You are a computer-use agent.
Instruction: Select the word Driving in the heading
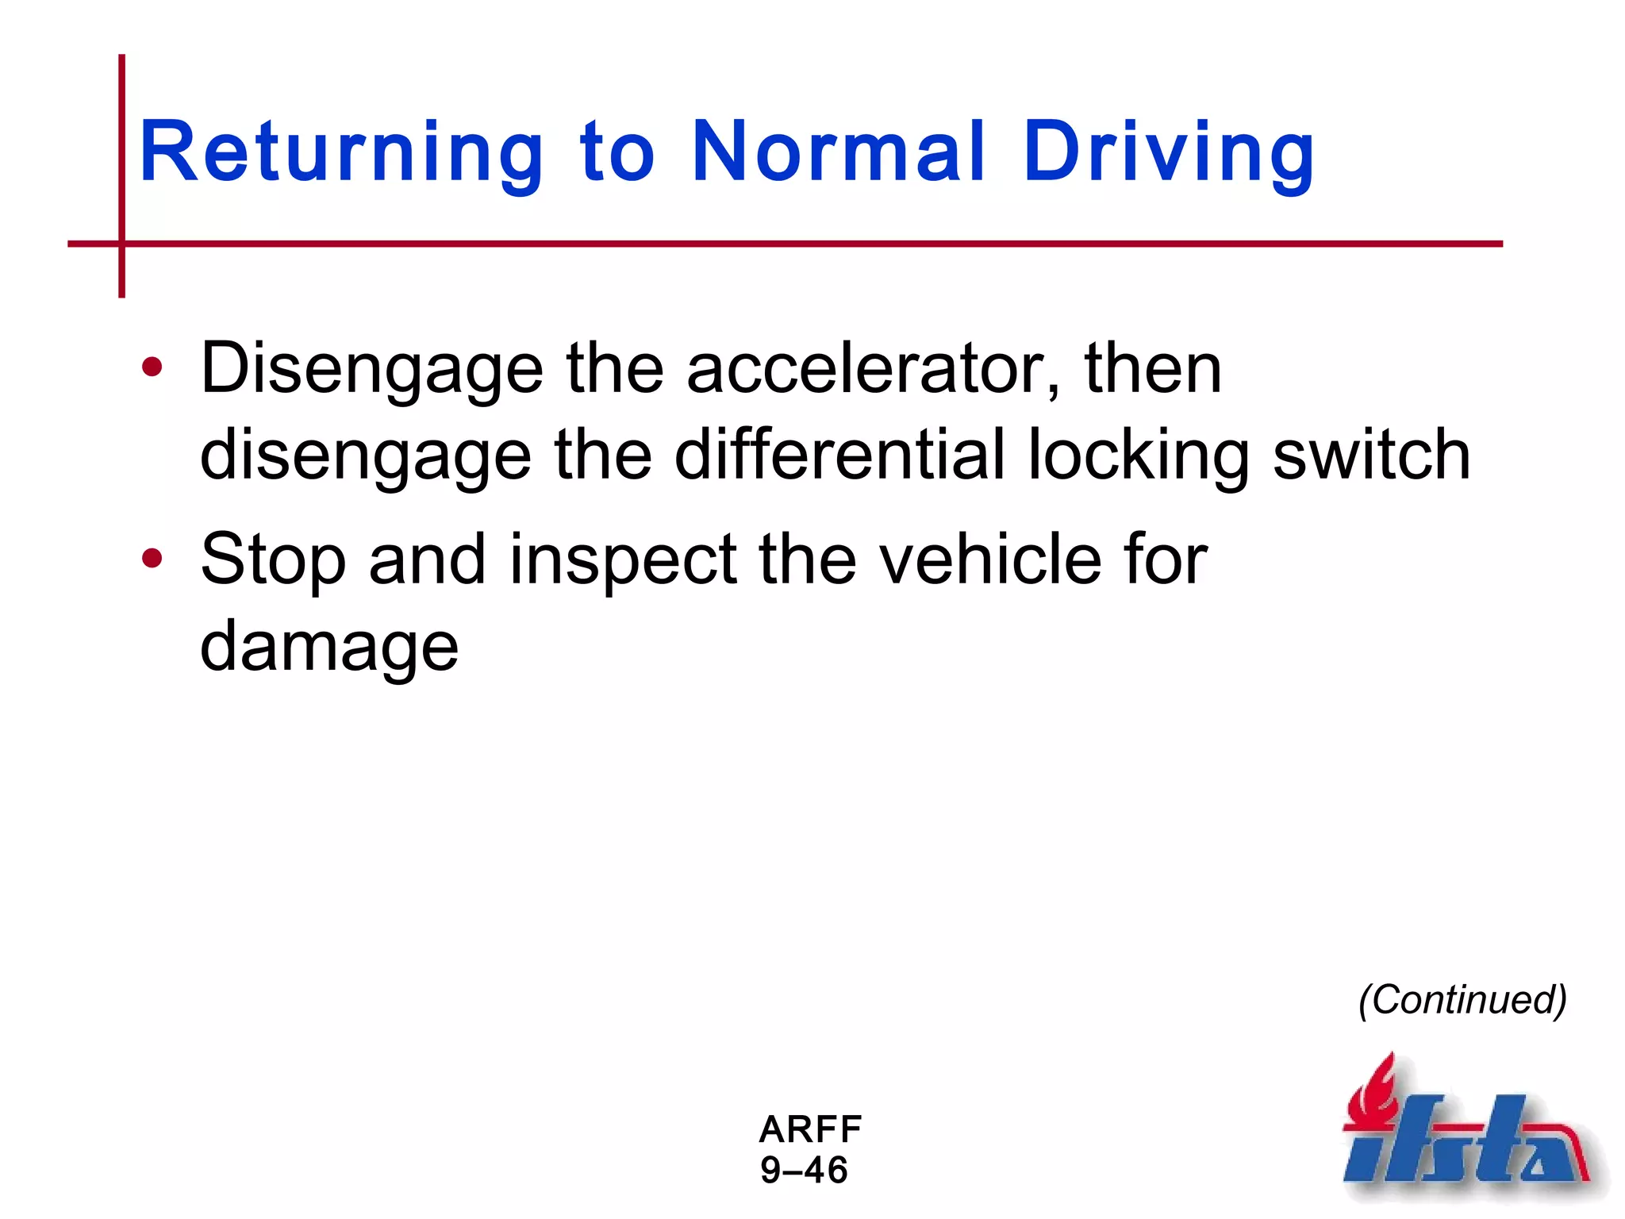tap(1169, 152)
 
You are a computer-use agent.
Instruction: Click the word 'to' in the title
tap(617, 152)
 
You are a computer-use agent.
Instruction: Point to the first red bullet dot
tap(152, 367)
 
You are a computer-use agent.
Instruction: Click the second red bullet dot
tap(152, 559)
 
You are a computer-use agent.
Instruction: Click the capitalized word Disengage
tap(371, 370)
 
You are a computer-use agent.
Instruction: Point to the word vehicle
tap(990, 560)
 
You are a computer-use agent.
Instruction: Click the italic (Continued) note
tap(1462, 999)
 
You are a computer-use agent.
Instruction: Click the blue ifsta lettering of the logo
tap(1460, 1147)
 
